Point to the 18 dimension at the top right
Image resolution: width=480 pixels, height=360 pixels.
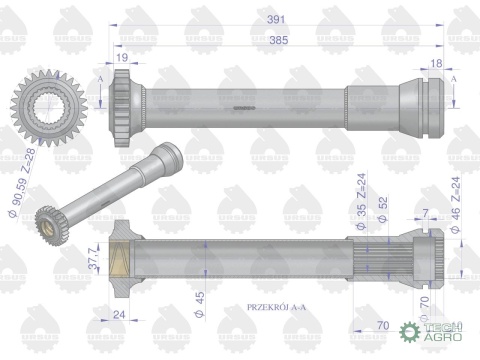433,62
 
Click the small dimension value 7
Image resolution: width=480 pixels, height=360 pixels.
425,213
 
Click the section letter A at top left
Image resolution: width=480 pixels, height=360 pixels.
102,74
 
